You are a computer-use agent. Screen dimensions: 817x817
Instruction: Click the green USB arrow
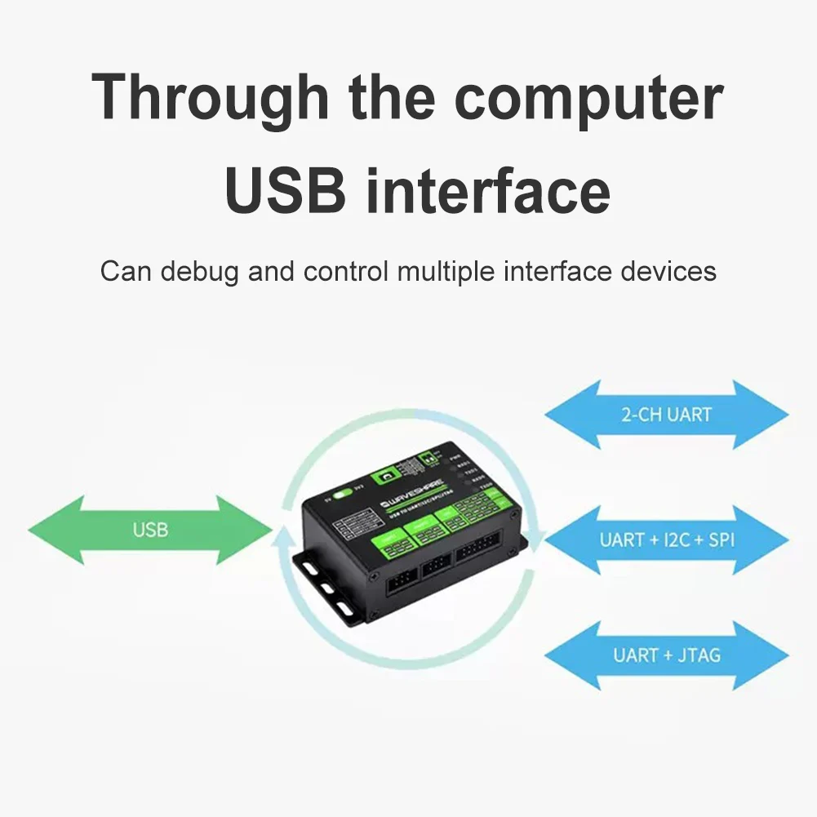tap(150, 531)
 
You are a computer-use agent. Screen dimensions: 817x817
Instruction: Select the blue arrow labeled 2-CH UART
tap(666, 415)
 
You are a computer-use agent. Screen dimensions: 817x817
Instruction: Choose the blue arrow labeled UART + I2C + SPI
tap(666, 540)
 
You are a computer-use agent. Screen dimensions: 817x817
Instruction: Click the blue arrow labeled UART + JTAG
tap(666, 655)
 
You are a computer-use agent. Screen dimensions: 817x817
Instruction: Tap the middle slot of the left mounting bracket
tap(328, 588)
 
